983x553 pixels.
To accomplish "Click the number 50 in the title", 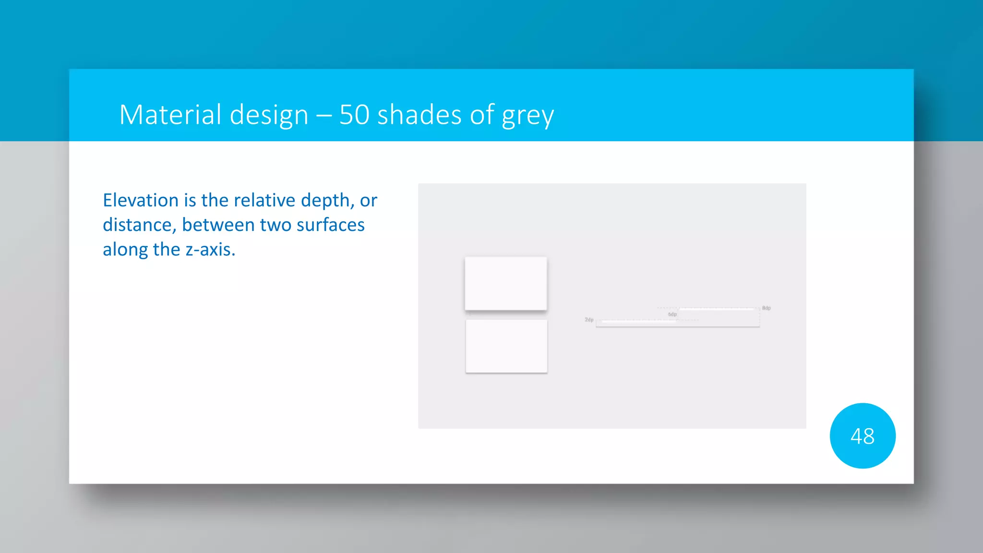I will pyautogui.click(x=354, y=115).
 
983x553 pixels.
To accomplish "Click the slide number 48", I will pyautogui.click(x=862, y=436).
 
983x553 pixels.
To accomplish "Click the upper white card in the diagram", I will pyautogui.click(x=506, y=283).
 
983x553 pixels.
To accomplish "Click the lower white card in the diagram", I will pyautogui.click(x=506, y=346).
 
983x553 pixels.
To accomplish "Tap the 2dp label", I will pyautogui.click(x=589, y=320).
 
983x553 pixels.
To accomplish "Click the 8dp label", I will pyautogui.click(x=766, y=308).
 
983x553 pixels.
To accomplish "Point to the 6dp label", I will pyautogui.click(x=672, y=314).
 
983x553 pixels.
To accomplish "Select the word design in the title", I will pyautogui.click(x=269, y=116).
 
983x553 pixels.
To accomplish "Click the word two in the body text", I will pyautogui.click(x=276, y=225).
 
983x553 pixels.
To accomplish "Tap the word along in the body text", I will pyautogui.click(x=125, y=250).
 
